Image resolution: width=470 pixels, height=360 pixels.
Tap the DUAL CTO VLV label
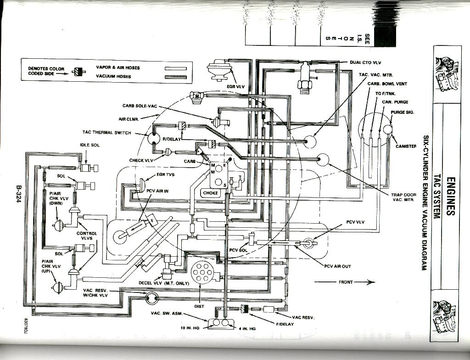click(365, 62)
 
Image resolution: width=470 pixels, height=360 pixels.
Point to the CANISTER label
click(406, 146)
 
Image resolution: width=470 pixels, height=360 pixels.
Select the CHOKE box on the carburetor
click(210, 193)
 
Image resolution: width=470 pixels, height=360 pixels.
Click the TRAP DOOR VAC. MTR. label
click(403, 197)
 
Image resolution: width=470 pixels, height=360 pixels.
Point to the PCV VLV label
click(355, 222)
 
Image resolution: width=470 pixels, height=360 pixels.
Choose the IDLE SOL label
click(90, 145)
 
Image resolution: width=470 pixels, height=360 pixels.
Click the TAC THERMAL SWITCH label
click(106, 133)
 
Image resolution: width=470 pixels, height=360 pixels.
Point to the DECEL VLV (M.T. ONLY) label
click(164, 283)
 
